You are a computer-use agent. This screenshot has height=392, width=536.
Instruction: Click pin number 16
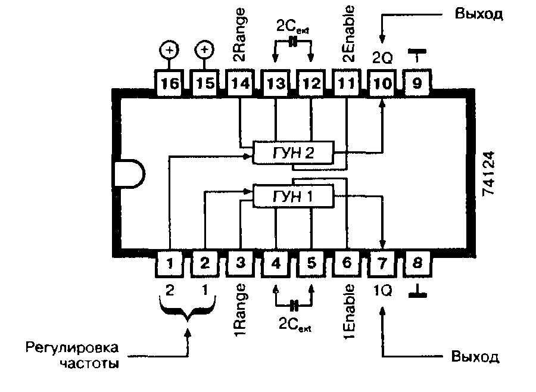[169, 84]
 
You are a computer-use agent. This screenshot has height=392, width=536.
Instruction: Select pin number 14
[239, 84]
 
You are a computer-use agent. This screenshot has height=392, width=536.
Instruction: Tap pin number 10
[381, 84]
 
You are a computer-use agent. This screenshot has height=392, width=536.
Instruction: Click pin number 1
[170, 263]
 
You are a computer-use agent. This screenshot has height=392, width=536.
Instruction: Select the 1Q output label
[382, 292]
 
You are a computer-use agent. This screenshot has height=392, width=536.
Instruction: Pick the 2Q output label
[381, 58]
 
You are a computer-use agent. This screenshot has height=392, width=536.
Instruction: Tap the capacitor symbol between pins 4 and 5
[293, 306]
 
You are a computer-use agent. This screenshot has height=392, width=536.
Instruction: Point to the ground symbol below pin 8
[417, 291]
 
